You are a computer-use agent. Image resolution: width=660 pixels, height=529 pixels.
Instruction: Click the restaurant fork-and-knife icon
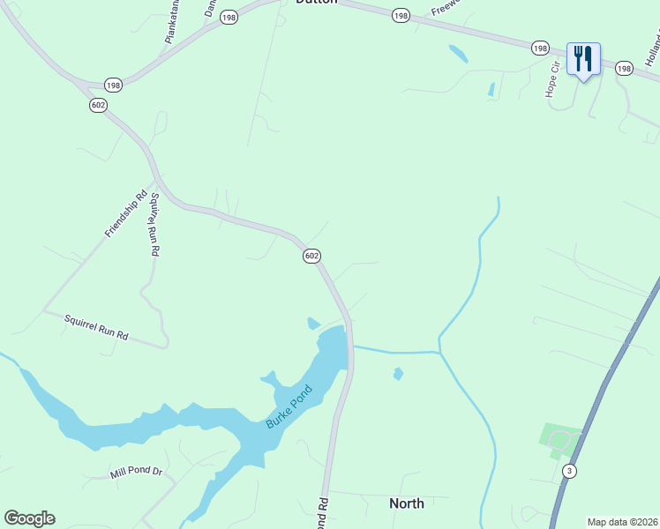[583, 59]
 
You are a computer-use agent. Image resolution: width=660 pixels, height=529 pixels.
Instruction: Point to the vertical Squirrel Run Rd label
[154, 224]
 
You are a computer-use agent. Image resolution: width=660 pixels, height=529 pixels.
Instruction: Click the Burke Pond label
[289, 406]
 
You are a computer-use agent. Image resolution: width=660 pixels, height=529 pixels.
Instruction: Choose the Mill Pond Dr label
[137, 473]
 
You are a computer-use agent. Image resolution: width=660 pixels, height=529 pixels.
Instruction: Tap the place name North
[407, 503]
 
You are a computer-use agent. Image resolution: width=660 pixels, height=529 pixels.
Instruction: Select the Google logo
[29, 518]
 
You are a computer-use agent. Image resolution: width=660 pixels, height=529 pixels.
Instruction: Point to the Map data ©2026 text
[622, 522]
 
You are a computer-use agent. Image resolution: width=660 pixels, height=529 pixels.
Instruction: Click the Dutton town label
[316, 3]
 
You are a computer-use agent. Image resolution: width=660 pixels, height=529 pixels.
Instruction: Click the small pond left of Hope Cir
[491, 89]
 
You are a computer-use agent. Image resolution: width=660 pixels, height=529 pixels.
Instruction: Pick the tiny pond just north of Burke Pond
[312, 324]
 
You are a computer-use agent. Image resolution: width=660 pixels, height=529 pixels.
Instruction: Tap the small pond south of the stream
[398, 374]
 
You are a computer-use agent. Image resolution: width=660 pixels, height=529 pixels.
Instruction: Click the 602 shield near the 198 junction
[98, 105]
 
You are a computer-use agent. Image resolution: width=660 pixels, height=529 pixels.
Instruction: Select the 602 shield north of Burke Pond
[311, 256]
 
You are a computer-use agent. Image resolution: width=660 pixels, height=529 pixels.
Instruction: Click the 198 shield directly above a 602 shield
[112, 85]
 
